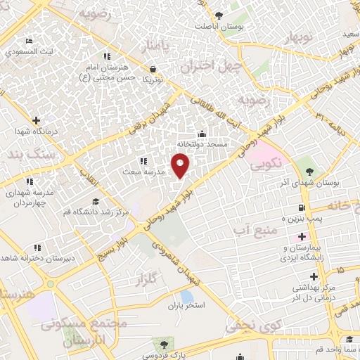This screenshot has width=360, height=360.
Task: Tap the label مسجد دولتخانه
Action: point(202,144)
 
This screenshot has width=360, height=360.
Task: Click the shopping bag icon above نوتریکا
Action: point(153,69)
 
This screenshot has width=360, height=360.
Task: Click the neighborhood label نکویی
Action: point(267,165)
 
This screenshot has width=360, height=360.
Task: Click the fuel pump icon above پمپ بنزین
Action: point(302,207)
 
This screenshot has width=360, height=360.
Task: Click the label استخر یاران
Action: point(185,306)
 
